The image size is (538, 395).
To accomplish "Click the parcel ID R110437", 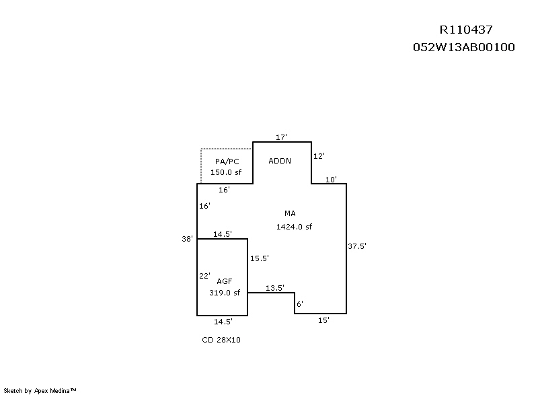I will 466,30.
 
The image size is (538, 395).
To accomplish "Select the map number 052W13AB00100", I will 464,48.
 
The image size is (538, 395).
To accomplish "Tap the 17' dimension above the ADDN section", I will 282,137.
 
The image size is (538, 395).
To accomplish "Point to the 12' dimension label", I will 319,156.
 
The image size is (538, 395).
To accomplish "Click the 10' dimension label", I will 332,180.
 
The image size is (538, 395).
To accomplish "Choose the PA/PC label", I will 227,161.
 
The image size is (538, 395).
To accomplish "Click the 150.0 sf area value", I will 225,172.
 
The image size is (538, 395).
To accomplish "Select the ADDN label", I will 280,161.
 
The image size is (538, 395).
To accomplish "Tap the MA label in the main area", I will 290,213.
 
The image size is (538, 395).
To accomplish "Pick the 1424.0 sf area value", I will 294,227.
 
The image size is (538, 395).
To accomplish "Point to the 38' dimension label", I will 188,238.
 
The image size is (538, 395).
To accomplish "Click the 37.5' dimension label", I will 357,246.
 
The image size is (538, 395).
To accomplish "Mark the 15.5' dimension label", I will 260,258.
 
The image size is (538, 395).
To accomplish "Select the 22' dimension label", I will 205,276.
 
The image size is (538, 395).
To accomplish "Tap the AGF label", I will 225,281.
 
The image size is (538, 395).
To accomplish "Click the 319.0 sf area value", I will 225,293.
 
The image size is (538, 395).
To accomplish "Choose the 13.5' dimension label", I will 275,288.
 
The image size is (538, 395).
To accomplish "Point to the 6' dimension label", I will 300,304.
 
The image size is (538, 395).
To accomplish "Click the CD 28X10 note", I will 221,340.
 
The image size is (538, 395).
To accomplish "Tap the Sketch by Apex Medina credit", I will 40,390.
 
